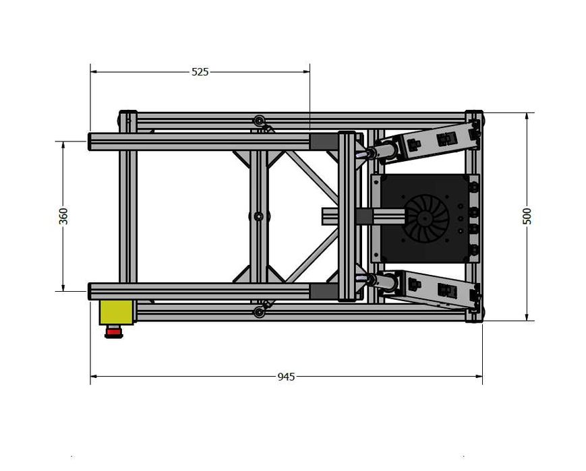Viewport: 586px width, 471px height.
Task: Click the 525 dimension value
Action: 200,71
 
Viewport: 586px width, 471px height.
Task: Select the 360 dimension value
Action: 63,216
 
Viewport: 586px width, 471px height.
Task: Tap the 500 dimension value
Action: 527,216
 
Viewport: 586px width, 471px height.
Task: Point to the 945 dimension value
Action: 286,377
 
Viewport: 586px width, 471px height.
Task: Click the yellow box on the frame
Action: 115,312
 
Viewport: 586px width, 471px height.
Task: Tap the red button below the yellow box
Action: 113,332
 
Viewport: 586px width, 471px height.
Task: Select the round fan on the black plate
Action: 426,218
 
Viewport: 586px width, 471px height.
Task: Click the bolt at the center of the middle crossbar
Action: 258,216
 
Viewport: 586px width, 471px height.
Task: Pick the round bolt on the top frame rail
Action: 258,121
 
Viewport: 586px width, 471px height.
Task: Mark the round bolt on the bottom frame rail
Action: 258,312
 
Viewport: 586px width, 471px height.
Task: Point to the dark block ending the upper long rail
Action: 323,142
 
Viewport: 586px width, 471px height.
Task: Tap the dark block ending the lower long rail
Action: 323,292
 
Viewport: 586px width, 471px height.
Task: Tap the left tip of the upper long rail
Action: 92,142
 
